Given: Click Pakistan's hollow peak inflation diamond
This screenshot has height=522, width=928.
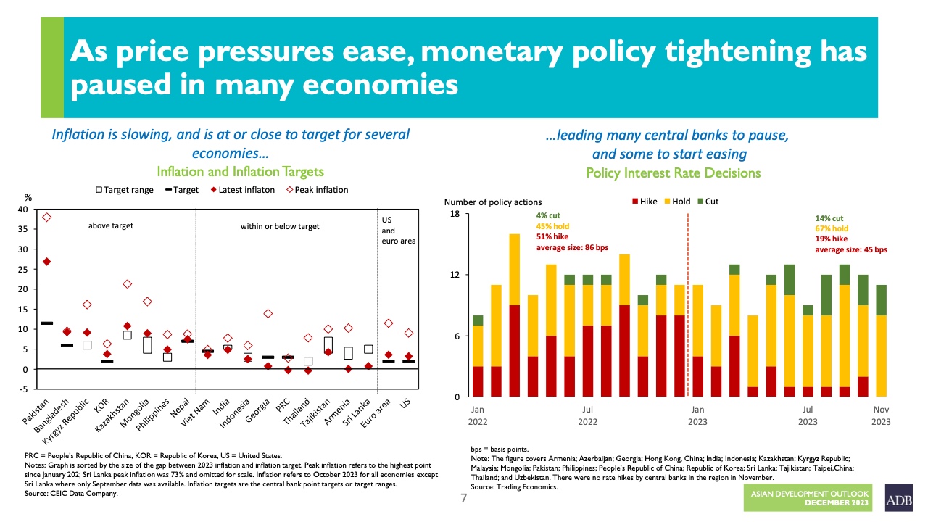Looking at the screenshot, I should pos(46,217).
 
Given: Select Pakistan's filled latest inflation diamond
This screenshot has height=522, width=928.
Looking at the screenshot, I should pos(46,261).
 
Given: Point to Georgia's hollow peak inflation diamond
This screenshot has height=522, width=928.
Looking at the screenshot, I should pos(268,313).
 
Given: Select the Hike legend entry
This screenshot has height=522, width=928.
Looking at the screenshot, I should pos(643,202).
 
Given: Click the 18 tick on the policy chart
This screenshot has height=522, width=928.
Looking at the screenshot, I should pos(455,215).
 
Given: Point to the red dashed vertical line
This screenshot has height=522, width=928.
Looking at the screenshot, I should pos(687,304).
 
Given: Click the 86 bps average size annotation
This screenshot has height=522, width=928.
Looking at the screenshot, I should pos(571,248).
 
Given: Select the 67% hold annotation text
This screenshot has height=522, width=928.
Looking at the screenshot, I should pos(832,228).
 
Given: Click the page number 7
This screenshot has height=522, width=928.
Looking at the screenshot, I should pos(464,499).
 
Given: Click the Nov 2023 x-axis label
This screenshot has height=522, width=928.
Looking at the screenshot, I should pos(881,415).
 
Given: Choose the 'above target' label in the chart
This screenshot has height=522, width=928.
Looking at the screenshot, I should pos(111,226).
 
